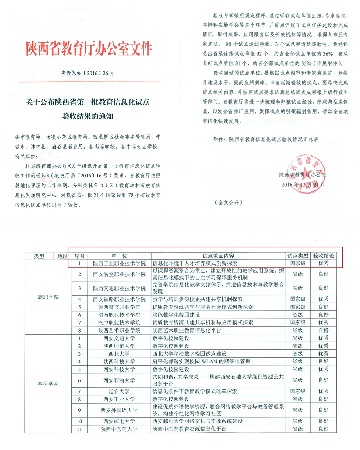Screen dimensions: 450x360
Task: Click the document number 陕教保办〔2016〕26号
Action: pos(88,73)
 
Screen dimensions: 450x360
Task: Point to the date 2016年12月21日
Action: pos(302,184)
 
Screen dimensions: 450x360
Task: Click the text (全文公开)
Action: pos(229,203)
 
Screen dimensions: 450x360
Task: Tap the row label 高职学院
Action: pos(48,297)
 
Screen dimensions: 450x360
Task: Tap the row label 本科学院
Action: pos(48,383)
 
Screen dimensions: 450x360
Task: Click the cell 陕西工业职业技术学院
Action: pos(119,264)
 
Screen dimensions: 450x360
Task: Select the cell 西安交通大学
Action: pos(119,338)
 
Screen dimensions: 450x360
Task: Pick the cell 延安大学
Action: pos(119,391)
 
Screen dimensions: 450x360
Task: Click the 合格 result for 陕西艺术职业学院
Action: pos(323,330)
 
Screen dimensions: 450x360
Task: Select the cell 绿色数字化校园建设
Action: pos(176,315)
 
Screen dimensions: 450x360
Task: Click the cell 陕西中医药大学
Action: pos(119,429)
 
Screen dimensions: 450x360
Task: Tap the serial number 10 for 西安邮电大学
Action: pos(79,421)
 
